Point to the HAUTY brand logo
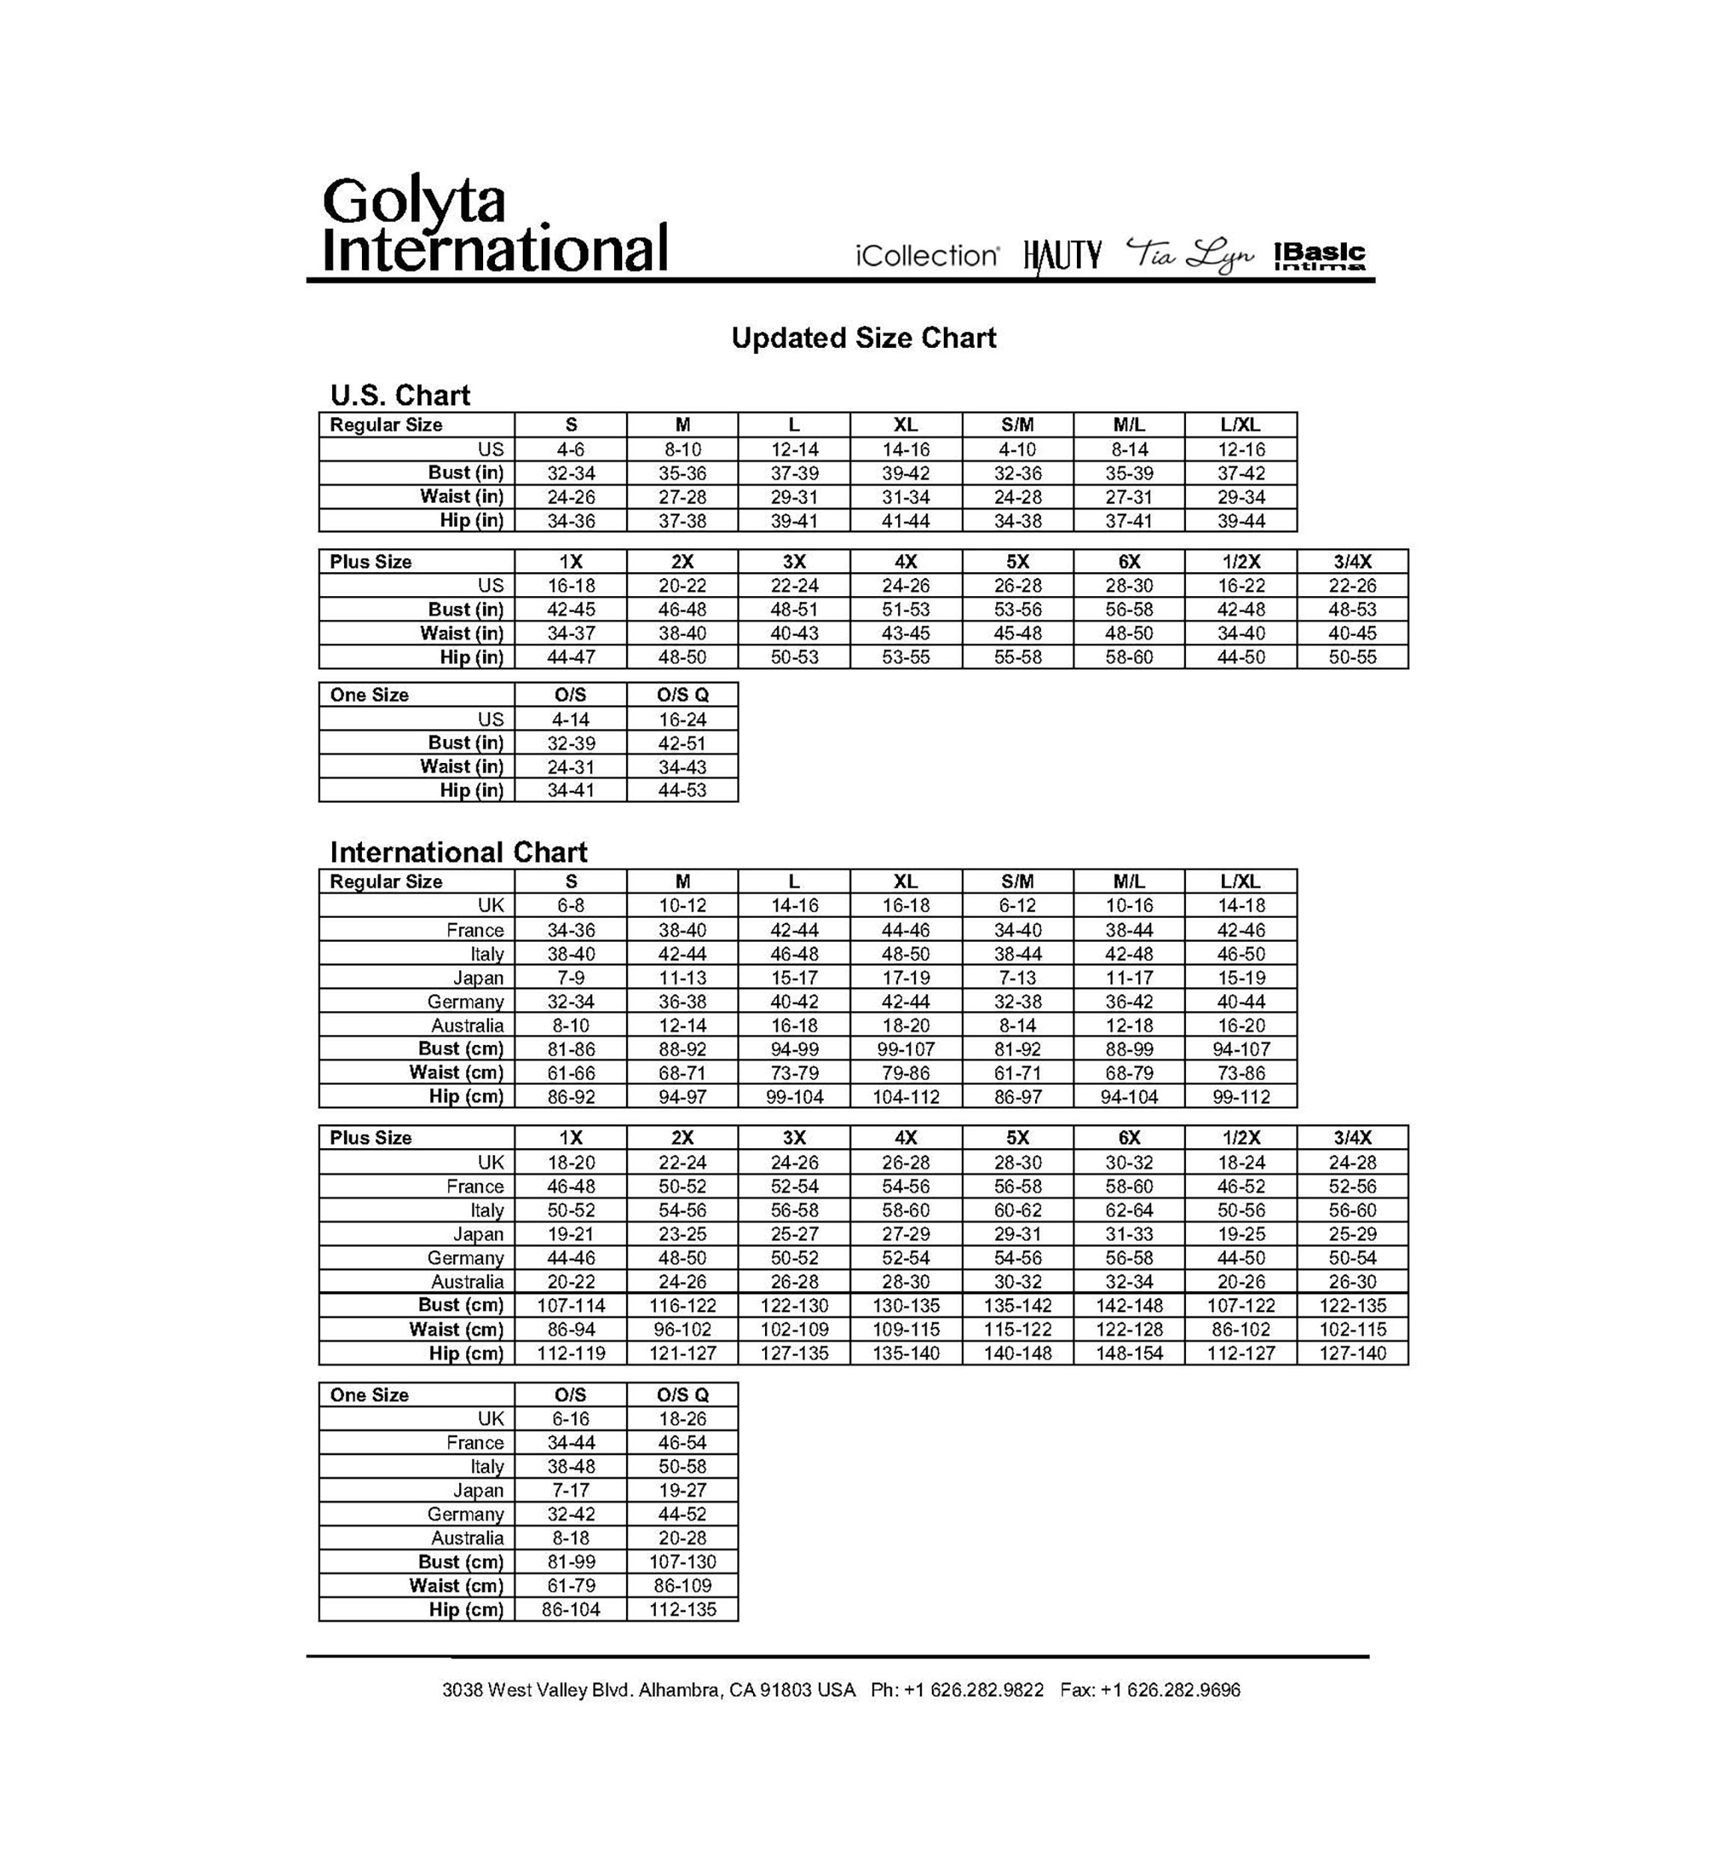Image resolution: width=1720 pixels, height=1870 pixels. [1062, 255]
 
